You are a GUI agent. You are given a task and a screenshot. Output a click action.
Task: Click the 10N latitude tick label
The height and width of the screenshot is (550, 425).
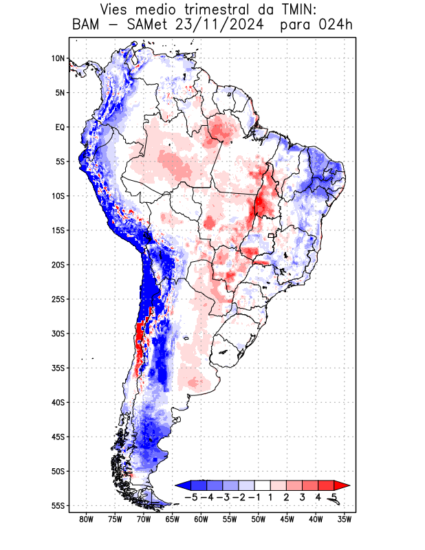coord(58,58)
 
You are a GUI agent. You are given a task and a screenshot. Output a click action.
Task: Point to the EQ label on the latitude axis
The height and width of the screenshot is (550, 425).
coord(60,127)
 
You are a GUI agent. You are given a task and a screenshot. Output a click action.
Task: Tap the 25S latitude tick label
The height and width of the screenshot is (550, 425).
coord(58,299)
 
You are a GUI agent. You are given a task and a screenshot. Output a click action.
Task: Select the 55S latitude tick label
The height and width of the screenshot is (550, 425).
coord(58,505)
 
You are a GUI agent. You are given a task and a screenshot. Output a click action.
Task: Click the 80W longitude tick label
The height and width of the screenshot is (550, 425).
coord(87,519)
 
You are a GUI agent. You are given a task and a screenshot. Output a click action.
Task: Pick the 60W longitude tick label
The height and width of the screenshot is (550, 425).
coord(201,519)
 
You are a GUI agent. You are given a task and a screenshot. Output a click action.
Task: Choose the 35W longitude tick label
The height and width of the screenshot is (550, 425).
coord(345,519)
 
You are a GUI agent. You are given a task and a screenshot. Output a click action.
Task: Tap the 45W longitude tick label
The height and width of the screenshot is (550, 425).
coord(287,519)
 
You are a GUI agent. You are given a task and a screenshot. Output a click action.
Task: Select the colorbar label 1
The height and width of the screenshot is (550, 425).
coord(271,496)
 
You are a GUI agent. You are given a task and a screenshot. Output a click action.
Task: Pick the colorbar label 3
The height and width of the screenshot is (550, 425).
coord(302,496)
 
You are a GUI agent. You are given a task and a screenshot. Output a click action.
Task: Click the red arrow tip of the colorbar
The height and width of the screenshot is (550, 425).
coord(345,485)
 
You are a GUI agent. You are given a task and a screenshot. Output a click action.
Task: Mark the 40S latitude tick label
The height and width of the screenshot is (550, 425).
coord(58,402)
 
